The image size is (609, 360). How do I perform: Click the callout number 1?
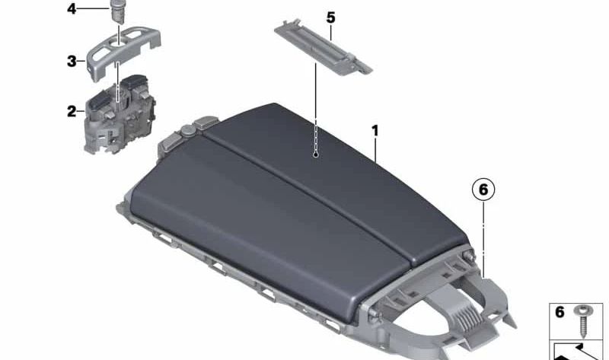(x=375, y=132)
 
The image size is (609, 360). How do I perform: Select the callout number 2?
(x=72, y=111)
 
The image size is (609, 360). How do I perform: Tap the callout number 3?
(x=71, y=60)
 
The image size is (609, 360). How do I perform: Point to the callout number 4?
(x=71, y=9)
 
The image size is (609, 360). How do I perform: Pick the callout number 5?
(x=330, y=16)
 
